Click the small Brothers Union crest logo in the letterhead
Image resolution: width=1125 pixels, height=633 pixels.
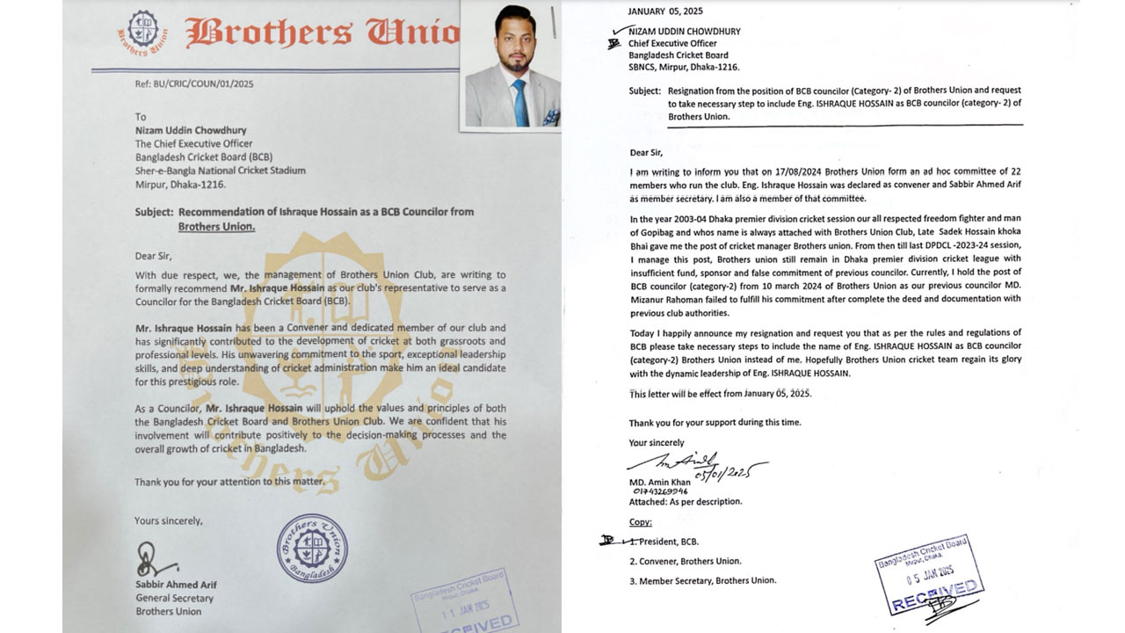click(x=142, y=33)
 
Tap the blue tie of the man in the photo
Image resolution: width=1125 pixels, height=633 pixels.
click(x=520, y=102)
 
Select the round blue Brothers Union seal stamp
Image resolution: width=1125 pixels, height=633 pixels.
click(x=312, y=548)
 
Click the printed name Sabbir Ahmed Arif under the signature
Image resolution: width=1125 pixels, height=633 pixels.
click(x=176, y=585)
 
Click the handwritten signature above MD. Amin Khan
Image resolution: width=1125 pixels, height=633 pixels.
click(x=694, y=463)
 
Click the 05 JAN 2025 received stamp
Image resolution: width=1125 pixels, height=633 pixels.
click(x=929, y=578)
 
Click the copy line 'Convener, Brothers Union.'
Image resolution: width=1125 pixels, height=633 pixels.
click(x=685, y=561)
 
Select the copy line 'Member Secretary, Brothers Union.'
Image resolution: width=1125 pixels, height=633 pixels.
click(x=702, y=580)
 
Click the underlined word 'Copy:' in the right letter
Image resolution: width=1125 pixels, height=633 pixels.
click(x=640, y=522)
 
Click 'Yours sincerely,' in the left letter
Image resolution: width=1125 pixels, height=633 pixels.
click(x=168, y=520)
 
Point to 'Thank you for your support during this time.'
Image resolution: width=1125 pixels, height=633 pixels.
click(x=715, y=422)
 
